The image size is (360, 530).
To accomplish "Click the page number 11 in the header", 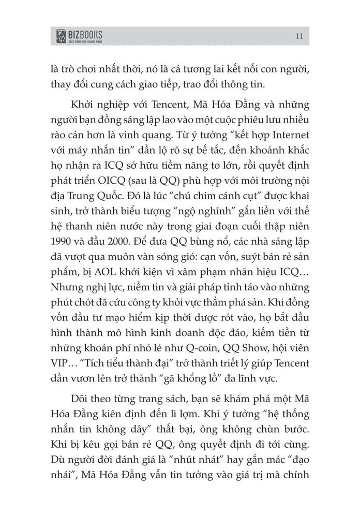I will (x=299, y=35).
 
